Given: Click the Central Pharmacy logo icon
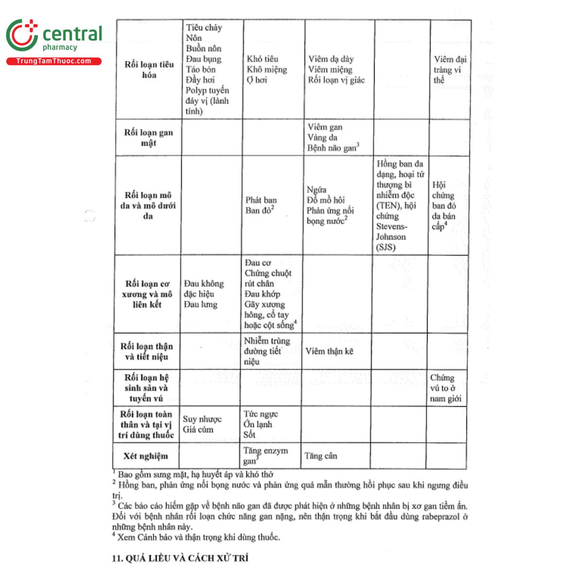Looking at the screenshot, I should tap(21, 35).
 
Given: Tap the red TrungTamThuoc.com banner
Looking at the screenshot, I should tap(53, 61).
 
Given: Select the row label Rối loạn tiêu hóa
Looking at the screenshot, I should tap(149, 69).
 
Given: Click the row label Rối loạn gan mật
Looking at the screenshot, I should tap(148, 137).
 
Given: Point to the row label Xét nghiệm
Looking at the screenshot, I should tap(145, 456).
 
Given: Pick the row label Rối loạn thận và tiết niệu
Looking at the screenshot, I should tap(146, 351).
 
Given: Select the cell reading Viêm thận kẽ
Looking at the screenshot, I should tap(329, 351).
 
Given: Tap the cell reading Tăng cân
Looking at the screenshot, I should tap(320, 456).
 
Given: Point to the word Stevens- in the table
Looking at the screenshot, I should tap(392, 226).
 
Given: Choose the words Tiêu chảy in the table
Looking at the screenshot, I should tap(204, 28).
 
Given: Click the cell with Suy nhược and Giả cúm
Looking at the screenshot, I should tap(202, 424).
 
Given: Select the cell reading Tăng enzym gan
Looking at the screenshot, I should tap(265, 456).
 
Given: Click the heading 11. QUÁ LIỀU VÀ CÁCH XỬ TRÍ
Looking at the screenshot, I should tap(180, 558).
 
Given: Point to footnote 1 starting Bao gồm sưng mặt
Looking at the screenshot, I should tap(195, 474).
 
